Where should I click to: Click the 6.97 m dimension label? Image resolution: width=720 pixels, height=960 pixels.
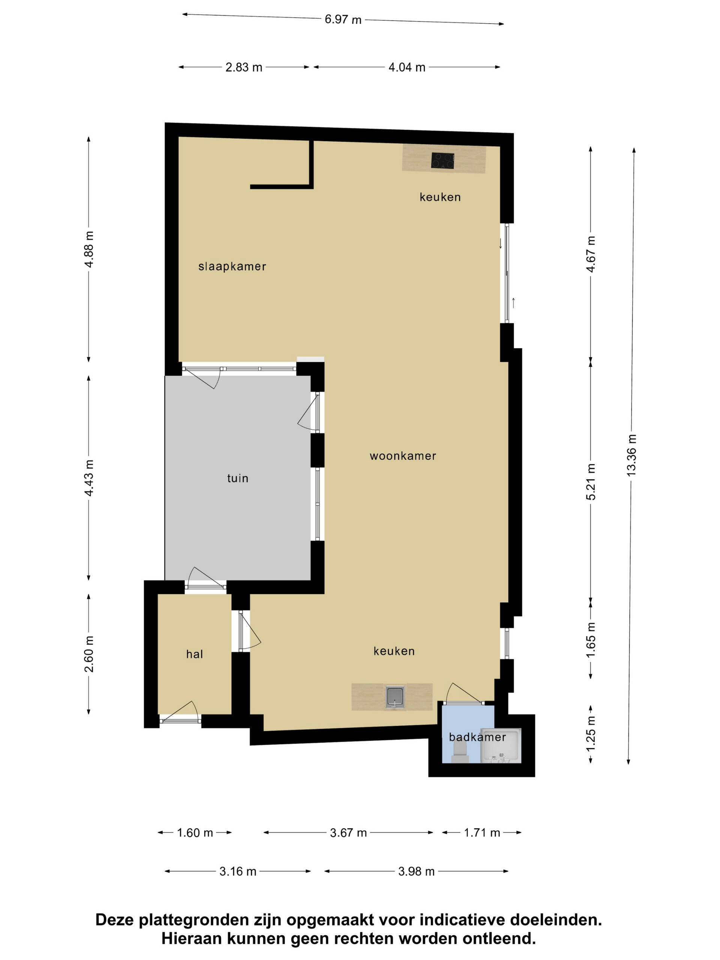(x=343, y=20)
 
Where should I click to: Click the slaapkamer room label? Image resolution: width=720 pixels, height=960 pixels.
(x=232, y=267)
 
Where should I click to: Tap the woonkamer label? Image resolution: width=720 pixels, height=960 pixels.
(x=403, y=456)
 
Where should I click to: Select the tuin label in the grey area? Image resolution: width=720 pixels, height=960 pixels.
(x=238, y=478)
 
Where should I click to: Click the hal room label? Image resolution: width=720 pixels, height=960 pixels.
(x=194, y=654)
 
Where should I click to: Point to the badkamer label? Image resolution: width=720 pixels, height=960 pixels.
(x=477, y=737)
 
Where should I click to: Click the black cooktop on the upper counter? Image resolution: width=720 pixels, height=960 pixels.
(x=442, y=161)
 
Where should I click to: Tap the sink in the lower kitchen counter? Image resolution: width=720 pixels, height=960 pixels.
(x=394, y=697)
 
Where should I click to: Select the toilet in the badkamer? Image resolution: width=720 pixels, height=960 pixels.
(x=460, y=752)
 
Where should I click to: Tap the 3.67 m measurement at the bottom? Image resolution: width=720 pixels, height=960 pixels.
(x=348, y=833)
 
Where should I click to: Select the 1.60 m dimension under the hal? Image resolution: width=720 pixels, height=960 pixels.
(x=195, y=833)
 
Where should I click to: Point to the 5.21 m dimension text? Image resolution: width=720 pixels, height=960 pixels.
(x=591, y=482)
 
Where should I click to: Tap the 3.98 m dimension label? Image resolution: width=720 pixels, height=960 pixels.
(x=416, y=871)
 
